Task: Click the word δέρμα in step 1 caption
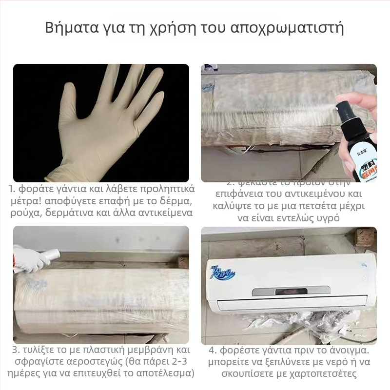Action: (x=177, y=201)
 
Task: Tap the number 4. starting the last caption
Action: (x=213, y=351)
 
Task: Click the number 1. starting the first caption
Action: (x=13, y=189)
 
